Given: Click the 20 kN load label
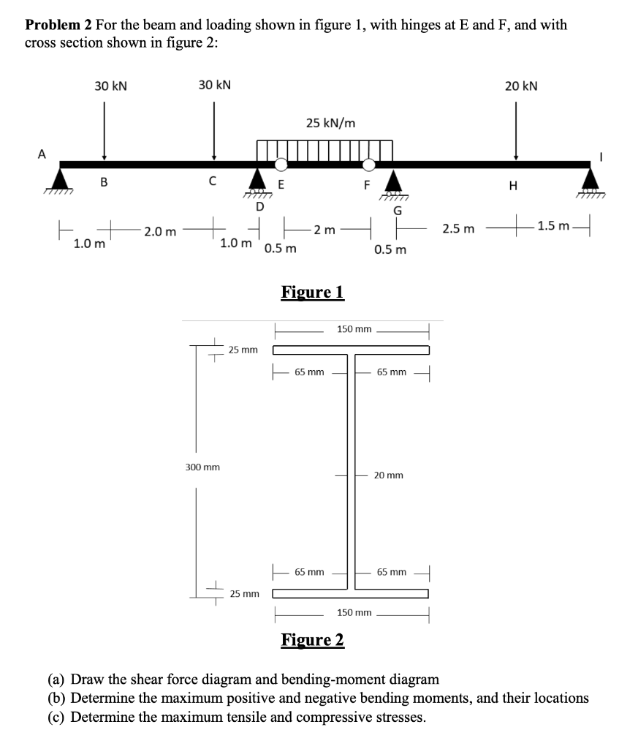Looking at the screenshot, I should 521,86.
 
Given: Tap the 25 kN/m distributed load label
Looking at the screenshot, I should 331,123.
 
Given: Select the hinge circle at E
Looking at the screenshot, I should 281,164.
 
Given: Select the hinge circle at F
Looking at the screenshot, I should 370,164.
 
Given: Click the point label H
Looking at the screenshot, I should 512,187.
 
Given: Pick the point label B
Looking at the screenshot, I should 104,183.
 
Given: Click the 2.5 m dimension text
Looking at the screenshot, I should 458,230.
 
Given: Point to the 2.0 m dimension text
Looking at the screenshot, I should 159,232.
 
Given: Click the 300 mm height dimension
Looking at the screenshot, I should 202,466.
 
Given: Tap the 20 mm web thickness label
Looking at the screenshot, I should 388,475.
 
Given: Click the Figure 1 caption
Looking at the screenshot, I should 312,293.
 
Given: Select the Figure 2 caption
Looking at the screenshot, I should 312,640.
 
